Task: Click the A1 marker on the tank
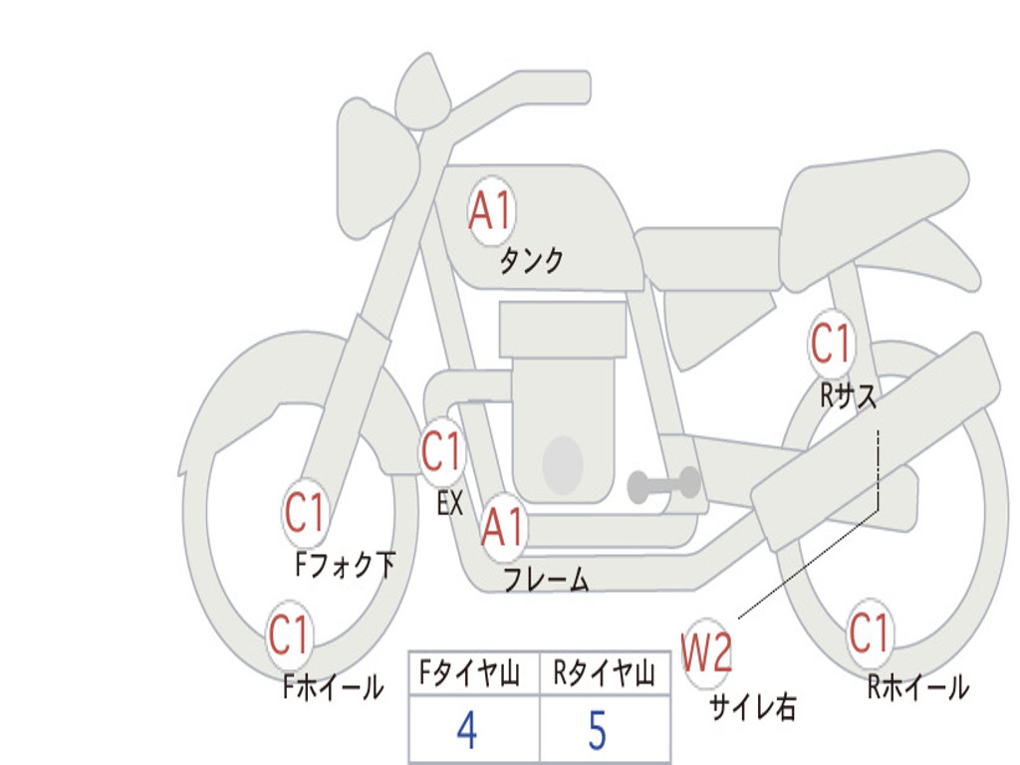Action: [x=492, y=211]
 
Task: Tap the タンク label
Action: [x=531, y=261]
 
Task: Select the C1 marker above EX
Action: [x=442, y=451]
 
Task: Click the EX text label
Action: [x=450, y=503]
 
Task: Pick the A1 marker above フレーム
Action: [x=504, y=526]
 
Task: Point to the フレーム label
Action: [x=547, y=579]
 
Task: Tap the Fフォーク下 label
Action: [x=345, y=565]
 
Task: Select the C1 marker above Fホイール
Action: [x=289, y=635]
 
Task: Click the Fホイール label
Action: [x=333, y=687]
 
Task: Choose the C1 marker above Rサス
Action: [x=832, y=343]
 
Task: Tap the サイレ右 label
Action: [x=753, y=706]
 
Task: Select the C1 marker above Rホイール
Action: [x=869, y=634]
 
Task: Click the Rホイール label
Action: [x=918, y=687]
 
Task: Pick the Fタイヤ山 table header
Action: [x=470, y=673]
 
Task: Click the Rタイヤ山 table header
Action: [x=605, y=673]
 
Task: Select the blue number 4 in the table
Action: [x=467, y=730]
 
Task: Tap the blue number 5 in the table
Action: [x=598, y=730]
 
